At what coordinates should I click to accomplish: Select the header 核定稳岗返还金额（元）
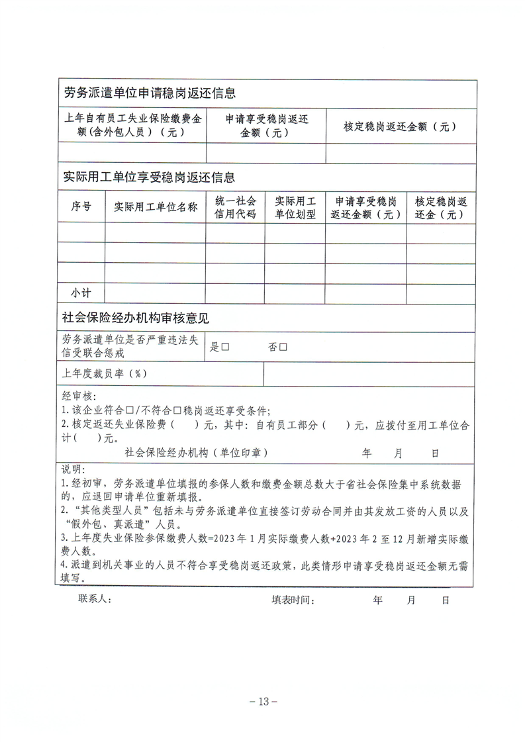point(400,126)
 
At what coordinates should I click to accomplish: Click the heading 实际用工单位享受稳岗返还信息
point(150,177)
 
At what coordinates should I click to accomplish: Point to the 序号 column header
point(81,207)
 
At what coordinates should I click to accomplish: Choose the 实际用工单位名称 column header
point(156,207)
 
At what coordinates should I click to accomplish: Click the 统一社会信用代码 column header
point(235,207)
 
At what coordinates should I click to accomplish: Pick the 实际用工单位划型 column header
point(295,207)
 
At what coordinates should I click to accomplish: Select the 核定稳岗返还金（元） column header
point(440,207)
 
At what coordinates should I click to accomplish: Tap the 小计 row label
point(81,293)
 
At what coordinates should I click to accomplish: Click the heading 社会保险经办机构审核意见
point(135,318)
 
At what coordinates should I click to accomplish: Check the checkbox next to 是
point(225,347)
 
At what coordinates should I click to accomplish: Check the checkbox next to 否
point(283,347)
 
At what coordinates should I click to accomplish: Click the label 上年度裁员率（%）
point(105,373)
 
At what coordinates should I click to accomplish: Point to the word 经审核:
point(79,396)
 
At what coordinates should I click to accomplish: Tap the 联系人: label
point(95,600)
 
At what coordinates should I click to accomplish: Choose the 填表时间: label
point(292,600)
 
